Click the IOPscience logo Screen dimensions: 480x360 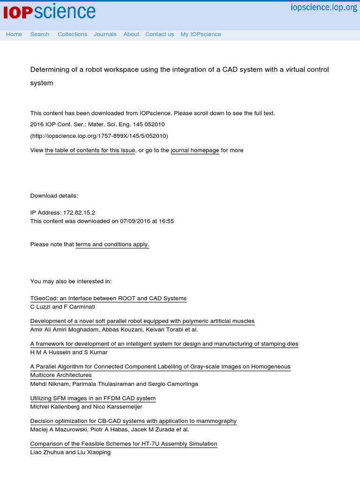coord(49,13)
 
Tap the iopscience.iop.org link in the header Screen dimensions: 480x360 coord(324,7)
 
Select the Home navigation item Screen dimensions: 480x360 coord(14,34)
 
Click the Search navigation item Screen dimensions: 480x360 coord(40,34)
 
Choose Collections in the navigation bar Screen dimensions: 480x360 coord(72,34)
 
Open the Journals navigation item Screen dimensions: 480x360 coord(105,34)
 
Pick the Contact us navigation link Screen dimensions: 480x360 coord(159,34)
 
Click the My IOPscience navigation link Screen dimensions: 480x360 coord(201,34)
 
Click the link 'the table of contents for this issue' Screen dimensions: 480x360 coord(90,150)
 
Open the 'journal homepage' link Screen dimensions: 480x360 coord(195,150)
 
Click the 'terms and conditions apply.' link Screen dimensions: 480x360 coord(112,245)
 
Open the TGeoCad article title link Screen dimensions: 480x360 coord(108,299)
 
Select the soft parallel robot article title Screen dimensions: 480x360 coord(142,322)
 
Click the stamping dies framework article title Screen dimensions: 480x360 coord(164,344)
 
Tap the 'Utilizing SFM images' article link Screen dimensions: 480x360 coord(93,398)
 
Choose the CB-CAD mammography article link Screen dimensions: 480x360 coord(134,421)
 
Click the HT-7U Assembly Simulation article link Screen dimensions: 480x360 coord(124,444)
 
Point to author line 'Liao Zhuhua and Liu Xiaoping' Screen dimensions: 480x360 coord(70,453)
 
